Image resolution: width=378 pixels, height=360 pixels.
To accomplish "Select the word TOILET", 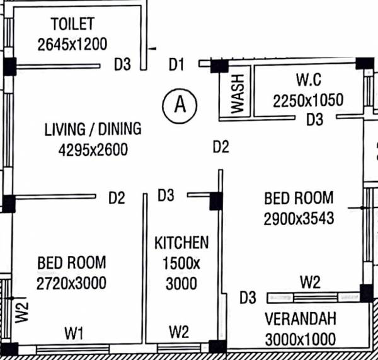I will pos(72,25).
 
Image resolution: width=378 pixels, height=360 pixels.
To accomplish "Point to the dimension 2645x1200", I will pos(72,44).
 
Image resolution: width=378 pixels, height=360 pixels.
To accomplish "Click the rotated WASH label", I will pos(238,93).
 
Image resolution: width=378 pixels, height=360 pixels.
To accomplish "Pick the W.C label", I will pos(309,81).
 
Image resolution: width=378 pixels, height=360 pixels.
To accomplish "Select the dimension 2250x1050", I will pos(308,100).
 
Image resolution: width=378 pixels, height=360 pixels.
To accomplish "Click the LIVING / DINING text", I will pos(93,129).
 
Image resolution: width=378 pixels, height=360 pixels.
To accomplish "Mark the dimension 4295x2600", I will pos(93,149).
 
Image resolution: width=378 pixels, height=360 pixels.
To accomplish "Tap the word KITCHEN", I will pos(181,242).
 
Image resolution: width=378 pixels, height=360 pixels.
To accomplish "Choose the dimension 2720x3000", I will pos(71,282).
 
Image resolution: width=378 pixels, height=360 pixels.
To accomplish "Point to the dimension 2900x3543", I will pos(299,218).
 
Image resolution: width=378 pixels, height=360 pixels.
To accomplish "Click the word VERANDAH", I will pos(300,318).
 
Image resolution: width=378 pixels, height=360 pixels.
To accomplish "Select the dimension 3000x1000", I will pos(300,339).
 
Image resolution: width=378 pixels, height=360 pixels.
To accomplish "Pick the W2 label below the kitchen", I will pos(180,332).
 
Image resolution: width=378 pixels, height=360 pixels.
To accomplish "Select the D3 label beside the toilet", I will pos(122,64).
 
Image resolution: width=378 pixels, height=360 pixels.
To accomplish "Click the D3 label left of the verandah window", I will pos(248,297).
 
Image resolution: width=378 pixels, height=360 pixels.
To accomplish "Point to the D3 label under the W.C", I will pos(314,119).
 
